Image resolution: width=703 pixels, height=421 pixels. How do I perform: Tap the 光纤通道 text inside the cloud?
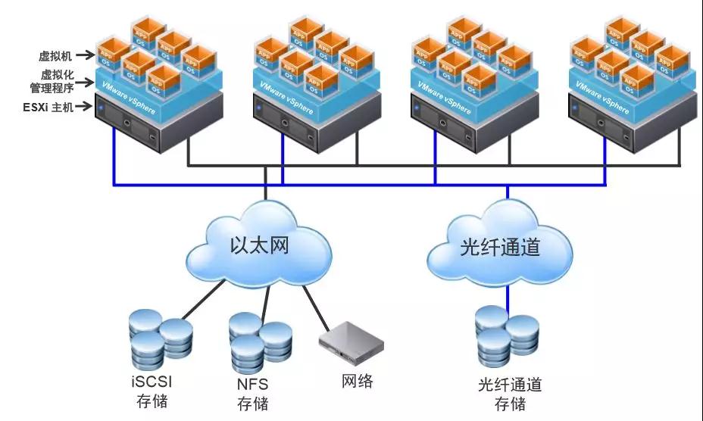(x=500, y=248)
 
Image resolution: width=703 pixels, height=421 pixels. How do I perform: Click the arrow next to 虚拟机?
(x=86, y=55)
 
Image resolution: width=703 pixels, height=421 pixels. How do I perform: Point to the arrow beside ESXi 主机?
(x=86, y=108)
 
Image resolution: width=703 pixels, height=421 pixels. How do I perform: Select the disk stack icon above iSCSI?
(x=160, y=336)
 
